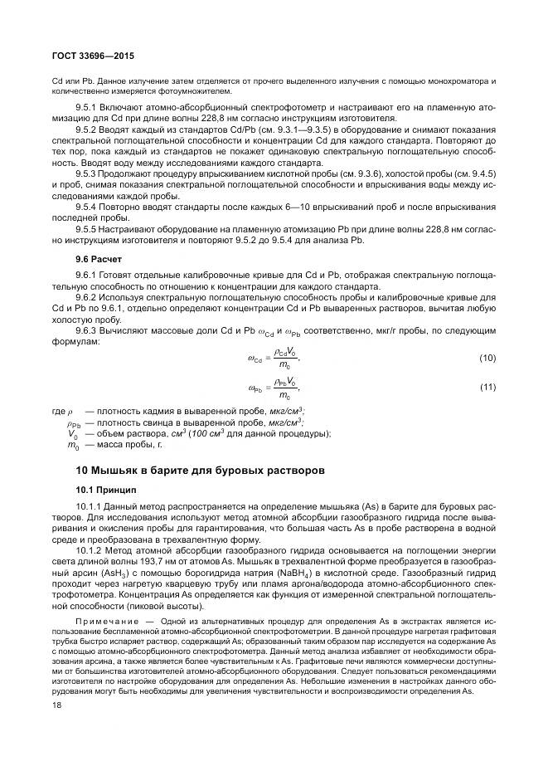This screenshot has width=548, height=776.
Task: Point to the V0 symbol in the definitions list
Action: (x=72, y=433)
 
